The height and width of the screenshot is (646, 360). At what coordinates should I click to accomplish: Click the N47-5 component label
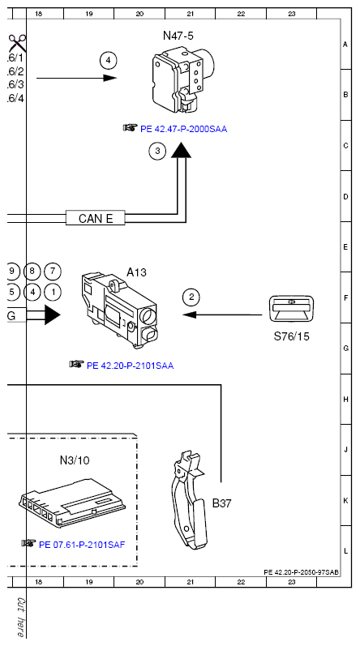[178, 36]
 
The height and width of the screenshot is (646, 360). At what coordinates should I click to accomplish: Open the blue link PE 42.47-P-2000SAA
[184, 129]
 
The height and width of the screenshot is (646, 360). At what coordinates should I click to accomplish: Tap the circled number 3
[157, 152]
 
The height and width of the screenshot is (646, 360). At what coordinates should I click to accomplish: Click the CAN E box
[96, 217]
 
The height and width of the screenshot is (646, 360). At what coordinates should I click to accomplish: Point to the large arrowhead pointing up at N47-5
[182, 151]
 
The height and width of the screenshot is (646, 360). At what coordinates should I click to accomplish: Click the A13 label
[136, 272]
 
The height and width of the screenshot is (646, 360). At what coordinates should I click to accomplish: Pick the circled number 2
[191, 297]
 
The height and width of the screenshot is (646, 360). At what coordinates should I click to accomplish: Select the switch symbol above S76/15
[293, 308]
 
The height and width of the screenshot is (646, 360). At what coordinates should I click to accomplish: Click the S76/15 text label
[292, 336]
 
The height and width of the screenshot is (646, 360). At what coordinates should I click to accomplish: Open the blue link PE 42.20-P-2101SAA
[131, 366]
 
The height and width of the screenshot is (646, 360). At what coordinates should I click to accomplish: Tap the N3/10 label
[75, 460]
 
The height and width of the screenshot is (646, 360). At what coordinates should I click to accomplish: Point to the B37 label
[221, 503]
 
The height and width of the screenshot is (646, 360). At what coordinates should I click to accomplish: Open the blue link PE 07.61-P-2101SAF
[82, 545]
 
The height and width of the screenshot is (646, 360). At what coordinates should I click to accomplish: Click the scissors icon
[17, 43]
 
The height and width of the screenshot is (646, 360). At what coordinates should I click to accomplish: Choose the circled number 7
[53, 272]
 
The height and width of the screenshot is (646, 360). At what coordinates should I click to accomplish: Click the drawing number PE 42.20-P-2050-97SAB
[302, 572]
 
